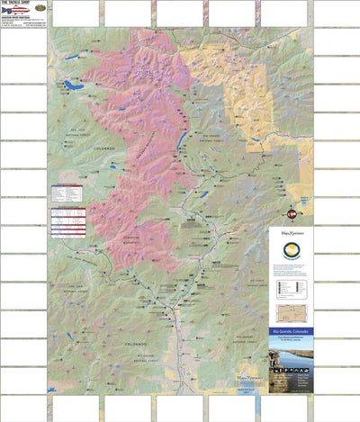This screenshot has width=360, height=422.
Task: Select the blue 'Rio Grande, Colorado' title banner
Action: [x=289, y=335]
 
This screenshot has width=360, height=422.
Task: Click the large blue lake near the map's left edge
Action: [x=68, y=86]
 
